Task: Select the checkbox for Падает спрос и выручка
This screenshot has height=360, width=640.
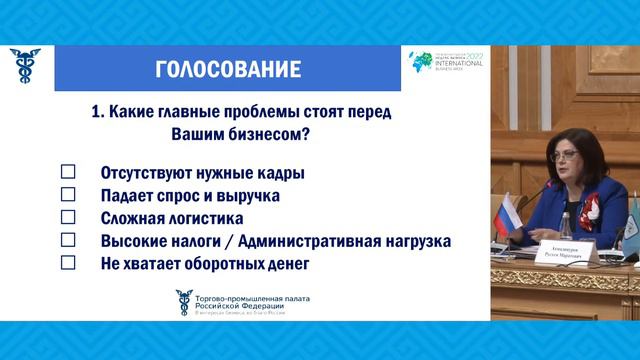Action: click(69, 195)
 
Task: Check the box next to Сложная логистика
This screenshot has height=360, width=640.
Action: click(69, 218)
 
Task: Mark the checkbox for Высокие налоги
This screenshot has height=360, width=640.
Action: click(69, 241)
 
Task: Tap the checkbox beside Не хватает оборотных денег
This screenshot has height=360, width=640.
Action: click(69, 264)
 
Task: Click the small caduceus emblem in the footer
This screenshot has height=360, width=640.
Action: click(182, 299)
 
